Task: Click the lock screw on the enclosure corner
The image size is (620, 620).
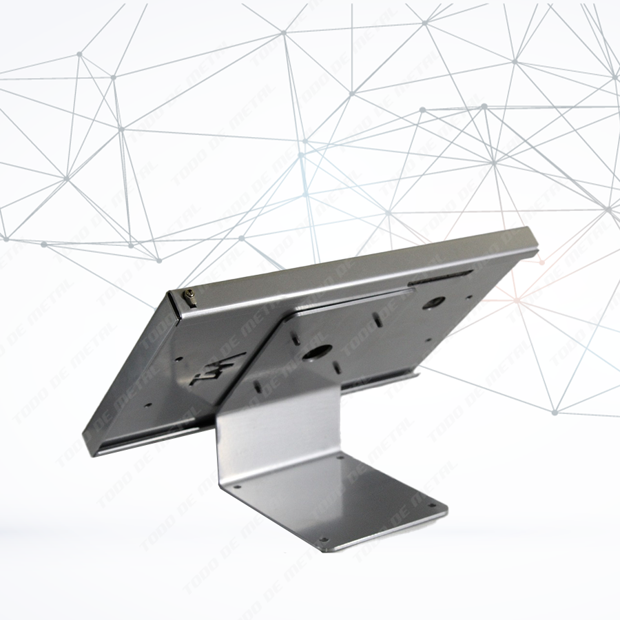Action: [x=191, y=298]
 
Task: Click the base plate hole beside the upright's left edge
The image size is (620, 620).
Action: [x=237, y=486]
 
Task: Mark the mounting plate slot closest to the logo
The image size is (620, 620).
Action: [x=258, y=386]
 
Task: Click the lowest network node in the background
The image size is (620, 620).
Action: [x=555, y=413]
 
